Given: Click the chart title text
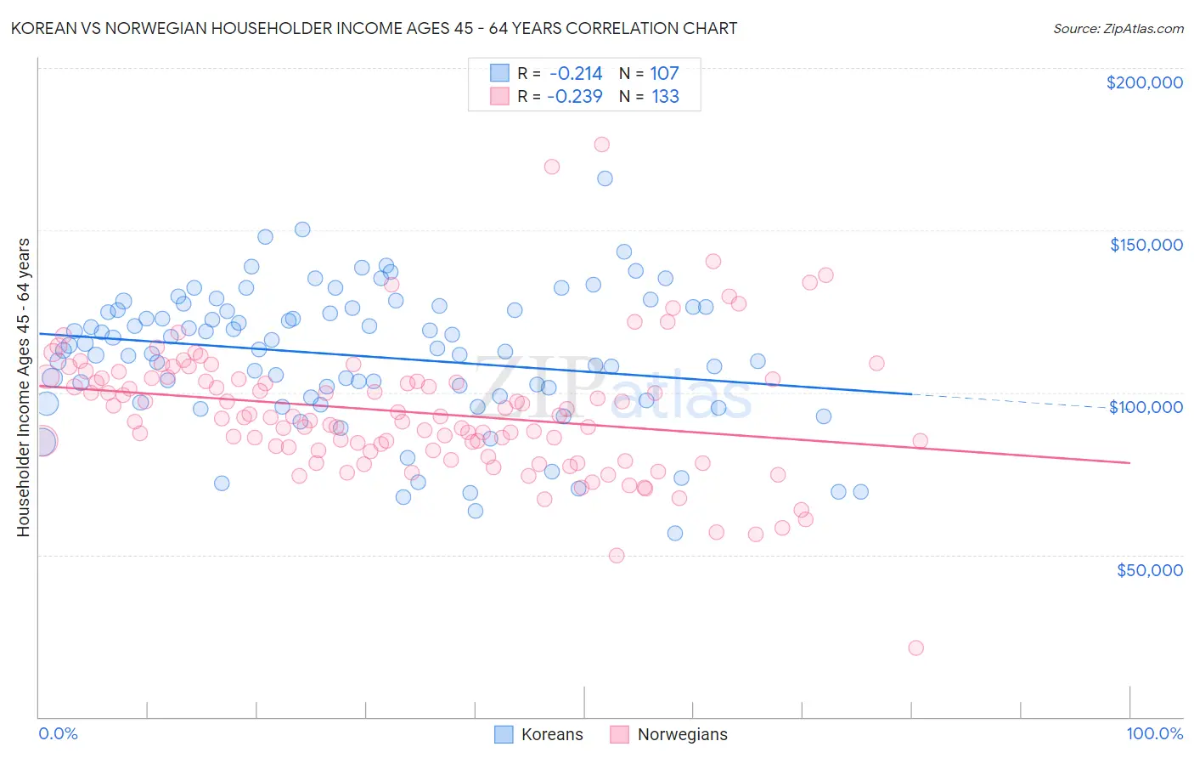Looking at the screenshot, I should pyautogui.click(x=374, y=28).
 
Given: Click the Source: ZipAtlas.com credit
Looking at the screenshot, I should pyautogui.click(x=1118, y=28).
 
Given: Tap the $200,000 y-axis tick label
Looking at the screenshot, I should pyautogui.click(x=1144, y=82).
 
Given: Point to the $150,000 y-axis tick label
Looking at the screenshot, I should pyautogui.click(x=1146, y=245).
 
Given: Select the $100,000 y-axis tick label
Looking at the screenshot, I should pyautogui.click(x=1146, y=407).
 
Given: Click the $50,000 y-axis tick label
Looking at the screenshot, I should pyautogui.click(x=1149, y=569).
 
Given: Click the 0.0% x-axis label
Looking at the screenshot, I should pyautogui.click(x=58, y=733).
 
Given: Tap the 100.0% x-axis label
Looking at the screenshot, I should pyautogui.click(x=1154, y=733).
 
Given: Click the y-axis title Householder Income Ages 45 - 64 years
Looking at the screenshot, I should pyautogui.click(x=24, y=387).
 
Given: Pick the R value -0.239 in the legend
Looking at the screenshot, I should pyautogui.click(x=574, y=96).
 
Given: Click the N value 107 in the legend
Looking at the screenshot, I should pyautogui.click(x=664, y=74).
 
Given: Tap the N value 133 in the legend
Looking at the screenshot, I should pyautogui.click(x=665, y=96).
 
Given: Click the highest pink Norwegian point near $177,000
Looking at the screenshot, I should pyautogui.click(x=601, y=144).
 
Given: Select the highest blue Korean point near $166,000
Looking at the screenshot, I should pyautogui.click(x=605, y=178).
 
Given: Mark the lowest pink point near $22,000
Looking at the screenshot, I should pyautogui.click(x=915, y=648).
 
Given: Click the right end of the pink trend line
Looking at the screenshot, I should pyautogui.click(x=1129, y=462).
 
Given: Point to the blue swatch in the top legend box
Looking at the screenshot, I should pyautogui.click(x=500, y=74).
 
